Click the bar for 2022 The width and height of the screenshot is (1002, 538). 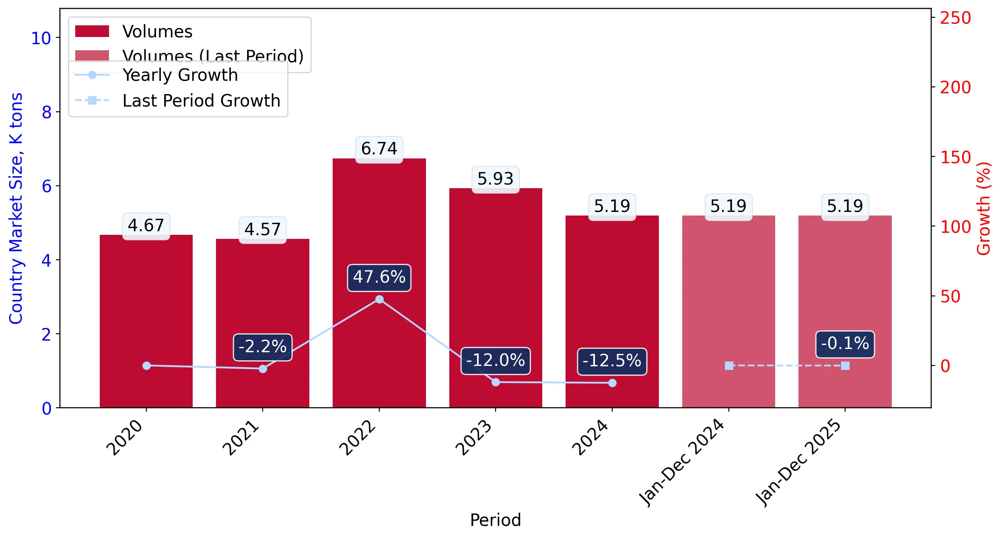pos(379,283)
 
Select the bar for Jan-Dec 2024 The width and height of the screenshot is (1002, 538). pos(728,312)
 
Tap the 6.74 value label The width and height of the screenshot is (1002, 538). pos(379,149)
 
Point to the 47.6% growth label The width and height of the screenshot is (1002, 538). pos(379,277)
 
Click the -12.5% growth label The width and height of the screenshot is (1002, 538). pos(612,361)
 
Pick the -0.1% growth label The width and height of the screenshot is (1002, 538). pos(845,344)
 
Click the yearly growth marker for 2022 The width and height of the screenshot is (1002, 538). pos(379,299)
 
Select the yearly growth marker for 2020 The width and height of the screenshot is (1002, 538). pos(146,366)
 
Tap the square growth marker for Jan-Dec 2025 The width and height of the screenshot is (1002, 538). pos(845,366)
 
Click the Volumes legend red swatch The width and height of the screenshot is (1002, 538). pos(92,31)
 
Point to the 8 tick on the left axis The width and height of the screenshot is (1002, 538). pos(47,112)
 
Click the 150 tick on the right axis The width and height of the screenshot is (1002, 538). pos(955,157)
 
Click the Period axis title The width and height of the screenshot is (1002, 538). pos(495,520)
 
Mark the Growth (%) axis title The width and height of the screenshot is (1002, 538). pos(983,208)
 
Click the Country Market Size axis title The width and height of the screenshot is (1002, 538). pos(16,208)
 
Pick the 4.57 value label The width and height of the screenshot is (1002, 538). pos(263,230)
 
